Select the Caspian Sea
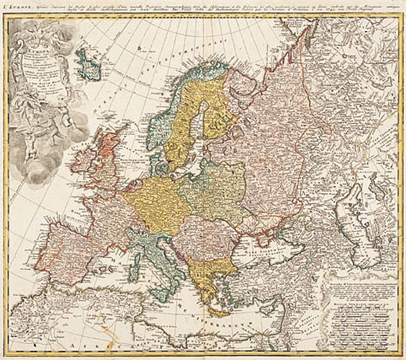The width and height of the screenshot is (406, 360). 360,216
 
